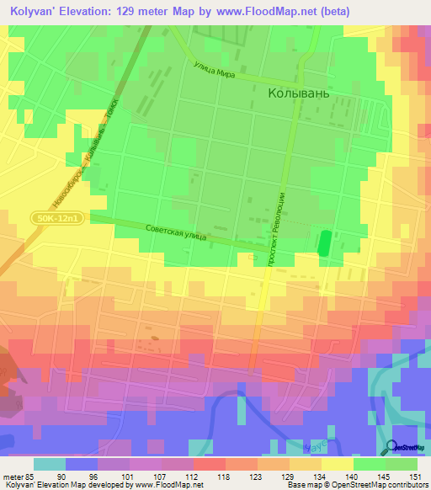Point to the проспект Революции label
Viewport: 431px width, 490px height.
pos(274,227)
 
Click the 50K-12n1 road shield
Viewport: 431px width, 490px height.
pos(61,219)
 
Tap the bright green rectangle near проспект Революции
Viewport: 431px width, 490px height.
pos(323,242)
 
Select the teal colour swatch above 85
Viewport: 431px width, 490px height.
pos(50,464)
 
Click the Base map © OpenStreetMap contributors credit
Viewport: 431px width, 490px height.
pos(356,485)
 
